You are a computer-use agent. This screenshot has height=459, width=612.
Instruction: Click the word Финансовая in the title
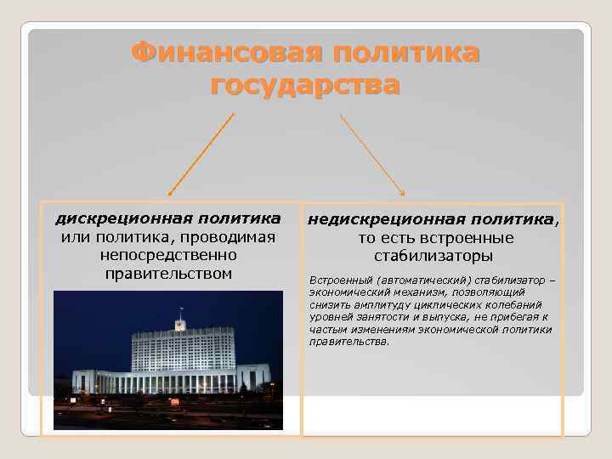point(224,53)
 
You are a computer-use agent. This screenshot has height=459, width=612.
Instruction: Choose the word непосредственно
point(167,255)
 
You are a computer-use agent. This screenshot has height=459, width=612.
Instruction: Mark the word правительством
point(167,273)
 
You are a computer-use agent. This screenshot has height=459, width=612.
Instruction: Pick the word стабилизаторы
point(433,256)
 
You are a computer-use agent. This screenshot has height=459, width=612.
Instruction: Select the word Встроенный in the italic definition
point(339,280)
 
